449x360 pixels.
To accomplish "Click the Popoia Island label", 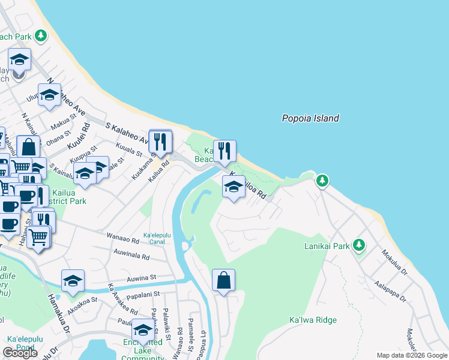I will (x=310, y=118).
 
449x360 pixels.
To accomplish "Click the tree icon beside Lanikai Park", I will (x=359, y=244).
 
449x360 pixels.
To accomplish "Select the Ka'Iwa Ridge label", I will (x=313, y=320).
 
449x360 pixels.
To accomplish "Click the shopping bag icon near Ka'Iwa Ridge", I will (x=223, y=280).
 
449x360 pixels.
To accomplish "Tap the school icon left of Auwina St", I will (x=73, y=280).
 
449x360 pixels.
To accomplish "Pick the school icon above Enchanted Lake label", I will (x=143, y=329).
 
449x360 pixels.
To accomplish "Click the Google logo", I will (x=20, y=353).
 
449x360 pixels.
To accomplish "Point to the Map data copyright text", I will (x=412, y=355).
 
